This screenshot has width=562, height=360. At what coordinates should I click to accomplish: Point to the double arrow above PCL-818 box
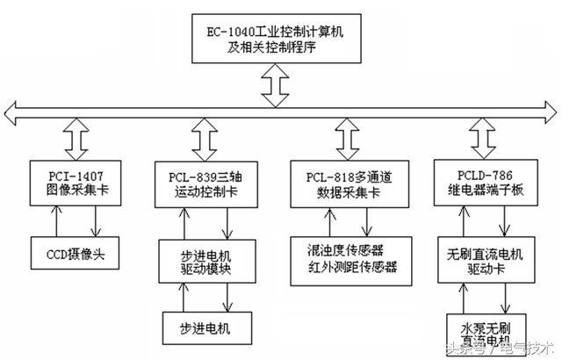342,137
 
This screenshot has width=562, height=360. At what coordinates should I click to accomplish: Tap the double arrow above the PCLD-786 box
484,137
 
